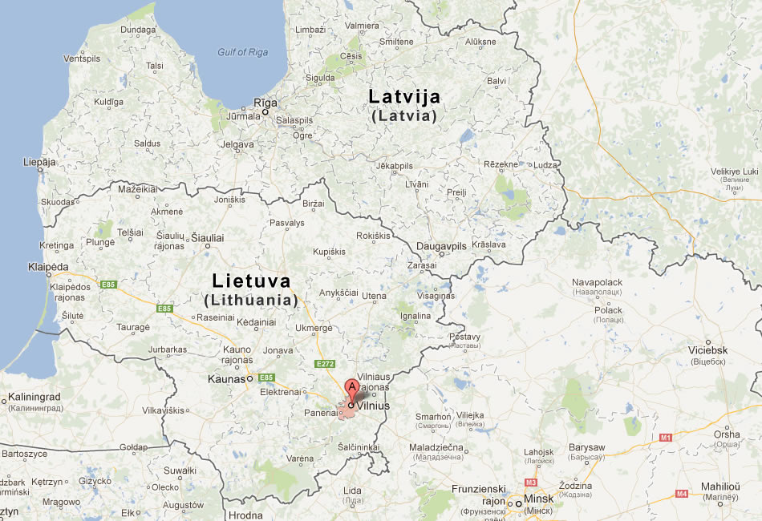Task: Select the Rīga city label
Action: pyautogui.click(x=265, y=103)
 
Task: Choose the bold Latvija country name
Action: pyautogui.click(x=404, y=97)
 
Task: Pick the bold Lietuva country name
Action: pyautogui.click(x=251, y=281)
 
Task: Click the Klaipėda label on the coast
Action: pyautogui.click(x=47, y=266)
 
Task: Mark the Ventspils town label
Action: pyautogui.click(x=83, y=59)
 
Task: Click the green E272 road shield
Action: pyautogui.click(x=324, y=363)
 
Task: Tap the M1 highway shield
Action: pyautogui.click(x=665, y=438)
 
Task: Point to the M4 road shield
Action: pyautogui.click(x=681, y=493)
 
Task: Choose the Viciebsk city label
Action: pyautogui.click(x=706, y=350)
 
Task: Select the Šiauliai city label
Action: pyautogui.click(x=207, y=238)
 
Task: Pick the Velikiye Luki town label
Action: pyautogui.click(x=734, y=172)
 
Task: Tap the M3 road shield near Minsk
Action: pyautogui.click(x=530, y=483)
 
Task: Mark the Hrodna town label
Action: pyautogui.click(x=245, y=515)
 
